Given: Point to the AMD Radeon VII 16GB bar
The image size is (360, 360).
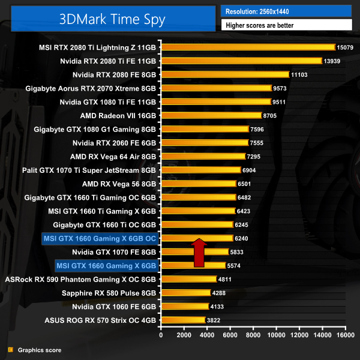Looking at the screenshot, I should click(210, 115).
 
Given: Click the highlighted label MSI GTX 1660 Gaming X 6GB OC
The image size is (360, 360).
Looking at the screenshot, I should click(100, 238).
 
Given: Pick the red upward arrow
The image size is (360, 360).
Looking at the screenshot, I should click(199, 252).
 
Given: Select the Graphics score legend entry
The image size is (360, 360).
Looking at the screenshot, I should click(40, 350).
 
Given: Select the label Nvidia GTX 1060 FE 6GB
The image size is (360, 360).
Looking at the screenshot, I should click(114, 306).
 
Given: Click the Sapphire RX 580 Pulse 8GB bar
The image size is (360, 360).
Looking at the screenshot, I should click(185, 293).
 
